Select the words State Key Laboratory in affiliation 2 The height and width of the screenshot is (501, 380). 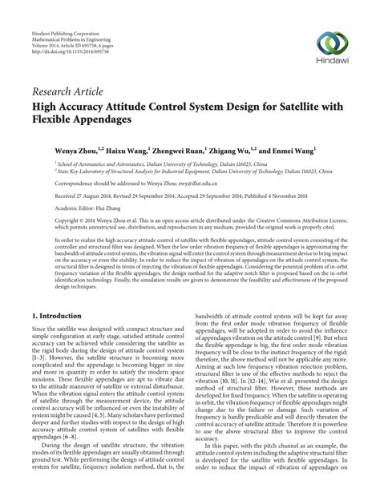(74, 171)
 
